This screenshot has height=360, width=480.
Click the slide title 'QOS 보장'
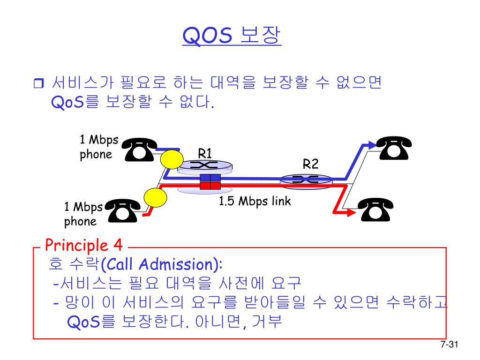click(232, 36)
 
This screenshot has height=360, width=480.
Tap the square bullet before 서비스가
click(38, 84)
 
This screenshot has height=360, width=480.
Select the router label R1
click(205, 153)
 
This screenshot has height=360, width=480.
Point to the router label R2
click(310, 164)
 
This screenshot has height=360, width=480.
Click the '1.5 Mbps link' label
click(255, 202)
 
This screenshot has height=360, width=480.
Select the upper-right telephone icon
click(394, 147)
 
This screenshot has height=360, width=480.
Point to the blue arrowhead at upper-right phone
click(371, 143)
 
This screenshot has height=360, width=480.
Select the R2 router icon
click(306, 179)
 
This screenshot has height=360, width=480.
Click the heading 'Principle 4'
click(84, 245)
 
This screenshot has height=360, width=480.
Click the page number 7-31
click(449, 345)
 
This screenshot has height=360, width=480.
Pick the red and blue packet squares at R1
click(210, 182)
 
